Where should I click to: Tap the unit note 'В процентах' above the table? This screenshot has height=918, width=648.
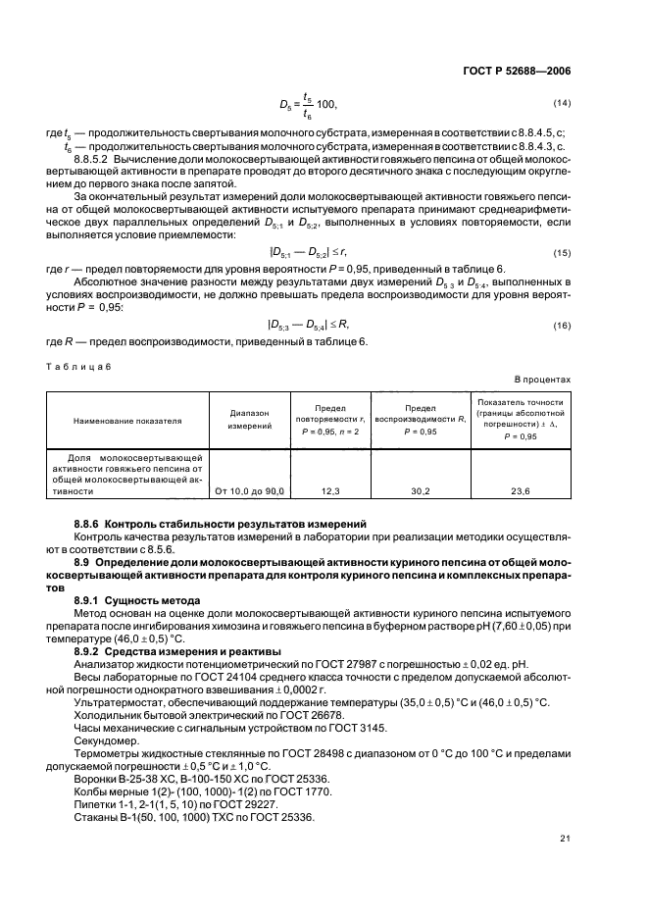pyautogui.click(x=543, y=378)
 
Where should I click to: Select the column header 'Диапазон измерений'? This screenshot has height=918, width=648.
pyautogui.click(x=242, y=421)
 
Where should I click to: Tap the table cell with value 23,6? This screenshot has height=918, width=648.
pyautogui.click(x=521, y=489)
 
